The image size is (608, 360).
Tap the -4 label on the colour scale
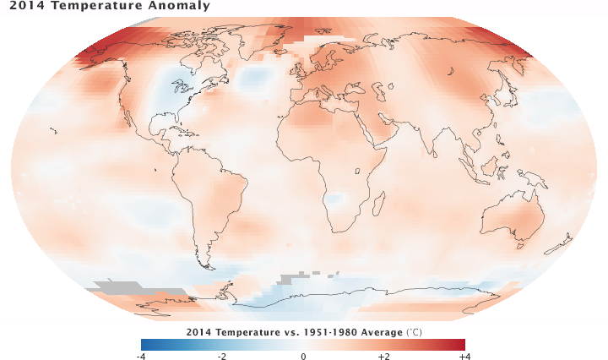pos(141,356)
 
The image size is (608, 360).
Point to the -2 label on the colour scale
pos(222,356)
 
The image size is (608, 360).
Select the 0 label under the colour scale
pos(303,356)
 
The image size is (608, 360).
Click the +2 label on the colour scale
pos(383,356)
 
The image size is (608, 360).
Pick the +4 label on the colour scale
pos(463,356)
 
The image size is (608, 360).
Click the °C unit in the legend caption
pos(414,331)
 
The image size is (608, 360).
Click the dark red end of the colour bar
pos(461,344)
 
